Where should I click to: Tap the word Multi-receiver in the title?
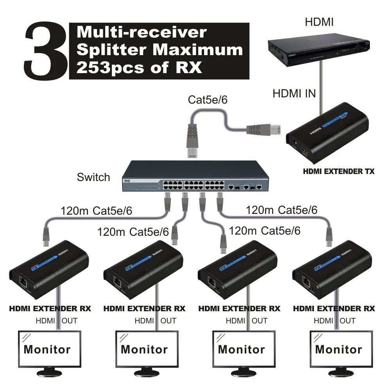pos(142,32)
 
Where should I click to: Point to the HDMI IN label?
pos(294,93)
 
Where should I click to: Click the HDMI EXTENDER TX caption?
pos(339,171)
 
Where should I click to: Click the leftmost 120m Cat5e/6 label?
pos(96,211)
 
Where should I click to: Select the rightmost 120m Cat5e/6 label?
pos(282,210)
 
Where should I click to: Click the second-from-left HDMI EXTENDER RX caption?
pos(144,308)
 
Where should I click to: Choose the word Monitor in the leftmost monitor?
pos(47,349)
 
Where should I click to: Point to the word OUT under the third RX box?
pos(259,321)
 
